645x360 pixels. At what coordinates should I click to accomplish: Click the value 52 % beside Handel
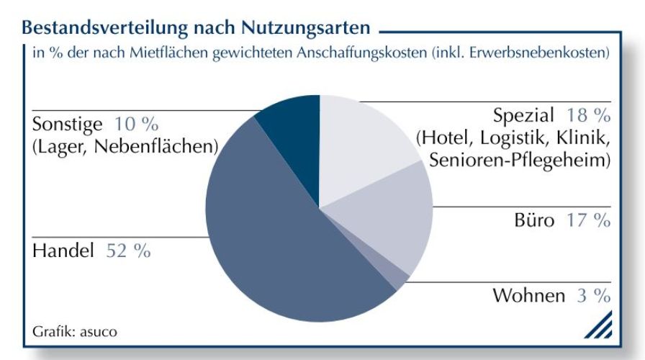tap(128, 251)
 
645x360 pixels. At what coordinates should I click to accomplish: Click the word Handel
tap(64, 251)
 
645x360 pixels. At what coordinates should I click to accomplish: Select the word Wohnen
tap(528, 296)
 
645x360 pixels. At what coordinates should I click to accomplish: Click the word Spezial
tap(524, 116)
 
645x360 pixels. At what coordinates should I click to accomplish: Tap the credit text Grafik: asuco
tap(74, 332)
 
